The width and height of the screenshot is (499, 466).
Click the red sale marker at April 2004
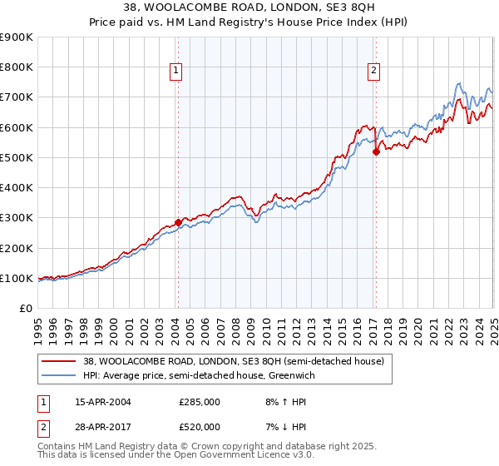coord(178,222)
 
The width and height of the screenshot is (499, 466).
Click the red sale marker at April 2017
coord(376,151)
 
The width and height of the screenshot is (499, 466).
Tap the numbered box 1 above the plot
coord(177,72)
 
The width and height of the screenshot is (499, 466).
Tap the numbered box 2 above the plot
coord(374,72)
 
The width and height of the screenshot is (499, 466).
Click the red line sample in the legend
coord(58,361)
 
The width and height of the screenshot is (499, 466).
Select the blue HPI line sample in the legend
coord(58,376)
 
